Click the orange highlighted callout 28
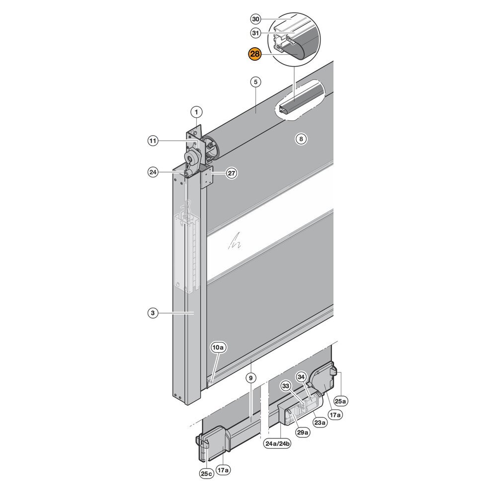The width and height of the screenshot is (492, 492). click(254, 54)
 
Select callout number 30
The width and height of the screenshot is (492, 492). click(256, 19)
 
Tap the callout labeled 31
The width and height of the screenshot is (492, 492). click(256, 33)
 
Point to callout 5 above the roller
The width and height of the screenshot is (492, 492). click(256, 82)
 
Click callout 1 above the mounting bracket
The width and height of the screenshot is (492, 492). click(197, 112)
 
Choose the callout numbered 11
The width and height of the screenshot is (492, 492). click(153, 141)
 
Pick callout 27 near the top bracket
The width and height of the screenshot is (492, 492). click(232, 173)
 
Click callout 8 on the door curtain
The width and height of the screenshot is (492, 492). click(301, 139)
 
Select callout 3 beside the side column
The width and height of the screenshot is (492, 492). click(153, 313)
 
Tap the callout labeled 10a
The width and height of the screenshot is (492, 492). click(219, 347)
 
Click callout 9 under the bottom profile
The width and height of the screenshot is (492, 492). click(250, 378)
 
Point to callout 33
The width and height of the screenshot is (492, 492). click(286, 386)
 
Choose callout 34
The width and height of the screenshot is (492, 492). click(301, 377)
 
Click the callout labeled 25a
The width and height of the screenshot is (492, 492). click(340, 401)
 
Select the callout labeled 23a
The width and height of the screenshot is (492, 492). click(320, 422)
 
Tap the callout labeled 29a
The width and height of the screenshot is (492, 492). click(303, 433)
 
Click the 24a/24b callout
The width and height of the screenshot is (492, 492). click(277, 444)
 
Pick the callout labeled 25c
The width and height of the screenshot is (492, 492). click(206, 474)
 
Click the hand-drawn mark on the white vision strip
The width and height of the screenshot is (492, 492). click(235, 241)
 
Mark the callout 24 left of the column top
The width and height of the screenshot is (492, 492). click(153, 172)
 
